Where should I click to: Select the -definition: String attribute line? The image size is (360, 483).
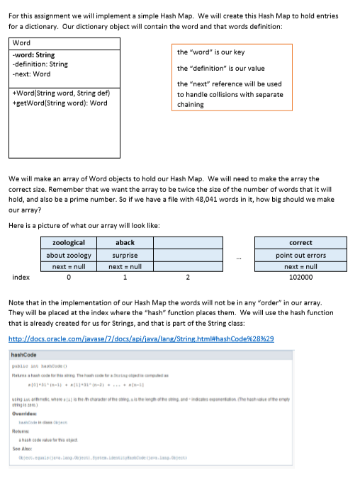tap(40, 64)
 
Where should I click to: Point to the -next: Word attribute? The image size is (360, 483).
tap(32, 74)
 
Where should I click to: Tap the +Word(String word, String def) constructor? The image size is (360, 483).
tap(60, 93)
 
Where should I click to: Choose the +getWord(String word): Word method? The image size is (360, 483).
tap(60, 103)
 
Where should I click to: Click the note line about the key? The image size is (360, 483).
tap(210, 52)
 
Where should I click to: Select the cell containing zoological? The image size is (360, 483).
tap(69, 243)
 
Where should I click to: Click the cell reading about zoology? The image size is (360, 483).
tap(69, 255)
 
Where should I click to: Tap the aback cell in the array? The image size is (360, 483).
tap(125, 243)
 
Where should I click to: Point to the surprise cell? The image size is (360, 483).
tap(125, 255)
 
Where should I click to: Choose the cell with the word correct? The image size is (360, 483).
tap(301, 243)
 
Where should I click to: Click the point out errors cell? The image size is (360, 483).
tap(301, 255)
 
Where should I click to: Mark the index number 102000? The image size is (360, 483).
tap(301, 278)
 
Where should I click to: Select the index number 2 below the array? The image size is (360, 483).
tap(187, 278)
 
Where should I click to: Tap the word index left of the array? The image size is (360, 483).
tap(21, 278)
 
